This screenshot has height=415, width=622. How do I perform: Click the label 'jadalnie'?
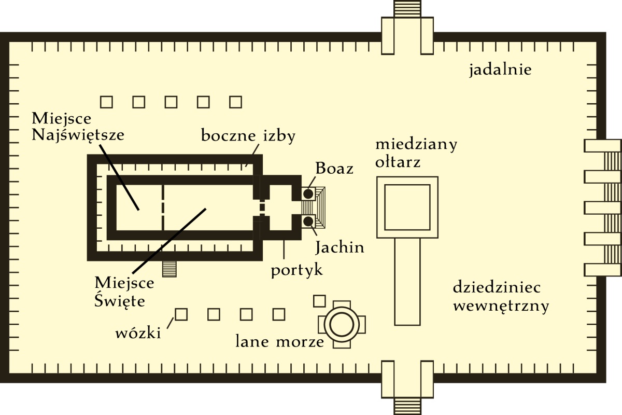500,70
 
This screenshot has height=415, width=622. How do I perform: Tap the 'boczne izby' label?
248,136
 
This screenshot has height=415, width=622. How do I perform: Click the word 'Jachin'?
340,247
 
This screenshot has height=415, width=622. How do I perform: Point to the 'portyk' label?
297,270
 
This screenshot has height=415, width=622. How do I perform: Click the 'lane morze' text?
279,342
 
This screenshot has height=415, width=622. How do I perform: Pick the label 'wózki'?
138,333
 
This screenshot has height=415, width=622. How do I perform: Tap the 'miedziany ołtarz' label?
416,153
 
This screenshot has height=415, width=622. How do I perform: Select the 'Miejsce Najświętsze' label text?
78,127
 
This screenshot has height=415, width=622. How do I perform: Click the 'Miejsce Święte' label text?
124,292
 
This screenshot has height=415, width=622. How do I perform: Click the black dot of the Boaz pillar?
308,194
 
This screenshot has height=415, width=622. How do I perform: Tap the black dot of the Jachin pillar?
308,222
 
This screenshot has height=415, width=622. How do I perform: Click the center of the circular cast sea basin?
342,325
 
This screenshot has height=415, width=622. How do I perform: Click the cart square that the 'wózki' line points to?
181,314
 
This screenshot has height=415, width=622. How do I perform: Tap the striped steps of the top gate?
407,9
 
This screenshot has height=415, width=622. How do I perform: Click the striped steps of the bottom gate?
407,405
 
